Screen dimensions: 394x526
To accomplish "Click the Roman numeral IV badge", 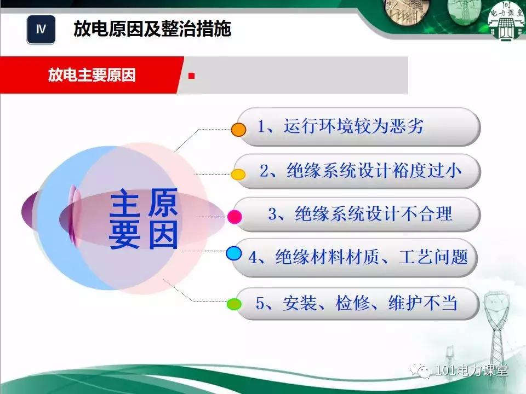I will point(41,30).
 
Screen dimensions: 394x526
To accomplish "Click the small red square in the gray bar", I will point(191,76).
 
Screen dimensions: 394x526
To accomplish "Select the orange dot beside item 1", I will point(238,130).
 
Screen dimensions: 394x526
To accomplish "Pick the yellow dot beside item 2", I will point(238,175).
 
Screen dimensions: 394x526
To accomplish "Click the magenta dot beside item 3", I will point(235,217).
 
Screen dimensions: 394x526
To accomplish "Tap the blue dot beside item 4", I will point(234,253).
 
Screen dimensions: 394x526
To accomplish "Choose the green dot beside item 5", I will point(234,303).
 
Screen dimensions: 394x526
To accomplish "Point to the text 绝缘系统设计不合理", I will point(360,213).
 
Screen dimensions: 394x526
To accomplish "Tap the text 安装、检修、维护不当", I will point(356,303).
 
